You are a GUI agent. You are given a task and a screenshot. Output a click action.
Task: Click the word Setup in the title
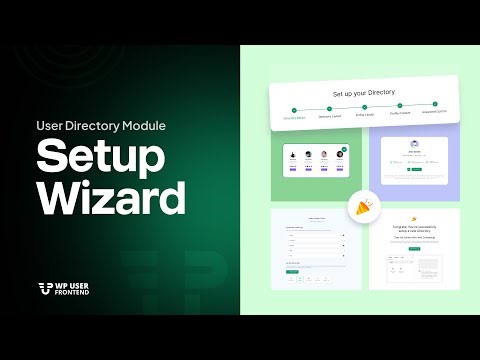[x=96, y=158]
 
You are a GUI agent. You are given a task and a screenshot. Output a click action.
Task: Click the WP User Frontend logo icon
[x=44, y=289]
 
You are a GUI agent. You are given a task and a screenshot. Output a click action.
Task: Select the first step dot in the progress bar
[x=294, y=109]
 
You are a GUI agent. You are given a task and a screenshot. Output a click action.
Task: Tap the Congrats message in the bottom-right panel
[x=413, y=227]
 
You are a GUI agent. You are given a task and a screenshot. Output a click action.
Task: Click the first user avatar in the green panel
[x=294, y=155]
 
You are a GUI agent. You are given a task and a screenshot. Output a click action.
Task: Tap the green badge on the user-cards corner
[x=343, y=148]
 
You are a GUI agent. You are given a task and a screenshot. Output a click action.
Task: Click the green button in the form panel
[x=291, y=271]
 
